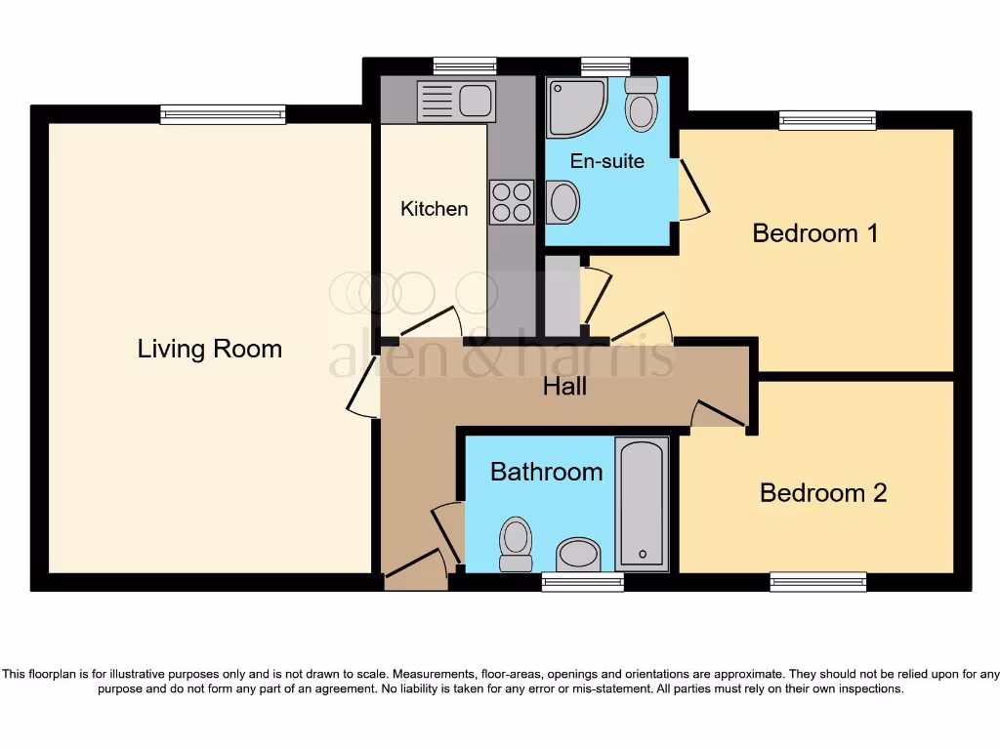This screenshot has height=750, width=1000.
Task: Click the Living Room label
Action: click(x=209, y=349)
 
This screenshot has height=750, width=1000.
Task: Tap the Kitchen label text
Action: click(x=434, y=208)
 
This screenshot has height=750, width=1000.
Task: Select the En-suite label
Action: click(x=607, y=161)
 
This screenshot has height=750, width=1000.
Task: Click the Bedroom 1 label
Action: click(x=815, y=233)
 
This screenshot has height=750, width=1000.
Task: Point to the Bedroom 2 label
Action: click(x=823, y=492)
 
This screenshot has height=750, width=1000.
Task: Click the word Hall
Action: click(x=564, y=387)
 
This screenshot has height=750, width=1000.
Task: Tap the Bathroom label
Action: click(x=546, y=472)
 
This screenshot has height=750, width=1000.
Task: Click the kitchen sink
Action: click(x=456, y=101)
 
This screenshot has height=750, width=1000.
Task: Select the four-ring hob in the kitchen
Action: click(x=511, y=202)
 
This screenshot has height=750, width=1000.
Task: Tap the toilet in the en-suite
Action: click(x=641, y=105)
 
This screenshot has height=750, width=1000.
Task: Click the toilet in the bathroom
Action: click(x=515, y=543)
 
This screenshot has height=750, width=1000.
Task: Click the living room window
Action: click(x=224, y=115)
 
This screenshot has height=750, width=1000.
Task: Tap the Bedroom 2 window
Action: click(x=817, y=582)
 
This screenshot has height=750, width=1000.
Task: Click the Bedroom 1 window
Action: click(x=827, y=120)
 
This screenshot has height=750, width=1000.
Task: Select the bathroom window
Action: click(x=582, y=582)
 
